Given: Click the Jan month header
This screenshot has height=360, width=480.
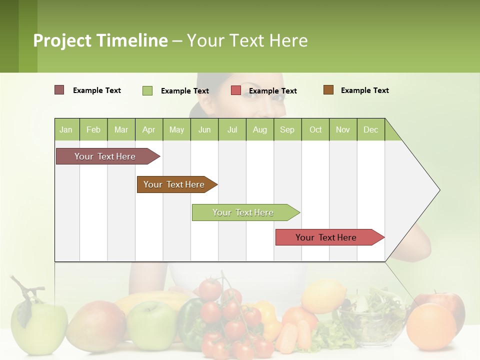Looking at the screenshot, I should pyautogui.click(x=66, y=129).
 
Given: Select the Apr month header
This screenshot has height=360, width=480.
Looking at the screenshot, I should pyautogui.click(x=148, y=129).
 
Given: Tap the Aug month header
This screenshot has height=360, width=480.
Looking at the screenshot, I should pyautogui.click(x=259, y=129).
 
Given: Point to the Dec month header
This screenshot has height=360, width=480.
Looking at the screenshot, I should pyautogui.click(x=370, y=129).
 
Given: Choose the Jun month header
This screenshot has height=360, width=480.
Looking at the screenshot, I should pyautogui.click(x=204, y=129).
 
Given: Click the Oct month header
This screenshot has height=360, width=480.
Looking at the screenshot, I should pyautogui.click(x=315, y=129).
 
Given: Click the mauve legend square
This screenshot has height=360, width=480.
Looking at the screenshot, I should pyautogui.click(x=59, y=90).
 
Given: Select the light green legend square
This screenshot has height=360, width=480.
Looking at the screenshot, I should pyautogui.click(x=147, y=90).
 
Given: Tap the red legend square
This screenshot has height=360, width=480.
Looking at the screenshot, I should pyautogui.click(x=236, y=90).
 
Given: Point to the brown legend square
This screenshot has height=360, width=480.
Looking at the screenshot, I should pyautogui.click(x=328, y=90).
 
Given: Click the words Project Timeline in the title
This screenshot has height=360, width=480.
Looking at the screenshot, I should pyautogui.click(x=100, y=40).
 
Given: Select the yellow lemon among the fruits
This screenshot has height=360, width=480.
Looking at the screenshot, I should pyautogui.click(x=323, y=296).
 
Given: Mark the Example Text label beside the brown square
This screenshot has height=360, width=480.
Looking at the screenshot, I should pyautogui.click(x=364, y=90).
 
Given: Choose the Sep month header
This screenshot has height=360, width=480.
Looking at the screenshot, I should pyautogui.click(x=287, y=129).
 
